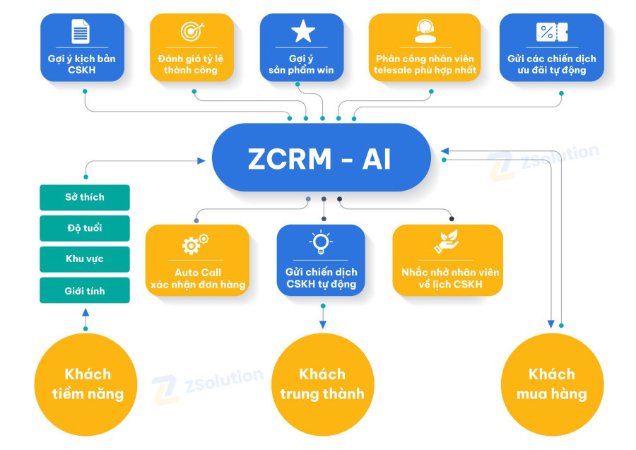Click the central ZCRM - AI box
(x=322, y=158)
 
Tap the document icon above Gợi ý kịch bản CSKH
(x=80, y=32)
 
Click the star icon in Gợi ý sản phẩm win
(x=302, y=32)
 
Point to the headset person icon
(x=425, y=32)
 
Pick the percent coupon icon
(x=551, y=32)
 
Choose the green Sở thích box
(x=85, y=197)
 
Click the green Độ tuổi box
(x=85, y=228)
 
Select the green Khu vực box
(x=85, y=259)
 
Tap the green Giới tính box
(x=85, y=290)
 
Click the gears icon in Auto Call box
(x=196, y=244)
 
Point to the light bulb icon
(x=322, y=242)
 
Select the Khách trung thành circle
(x=322, y=384)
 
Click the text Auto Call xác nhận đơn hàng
(x=197, y=278)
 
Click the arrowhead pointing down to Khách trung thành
(x=323, y=324)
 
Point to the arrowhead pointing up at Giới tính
(x=86, y=312)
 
